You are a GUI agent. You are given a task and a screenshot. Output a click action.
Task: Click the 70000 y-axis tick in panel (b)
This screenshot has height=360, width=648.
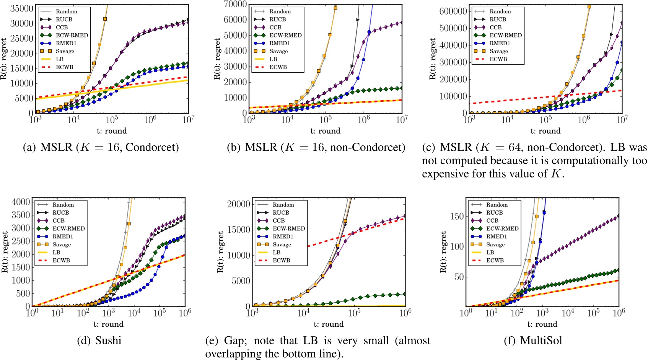(235, 4)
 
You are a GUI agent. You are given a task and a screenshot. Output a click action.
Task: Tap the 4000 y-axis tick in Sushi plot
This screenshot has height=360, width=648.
(22, 202)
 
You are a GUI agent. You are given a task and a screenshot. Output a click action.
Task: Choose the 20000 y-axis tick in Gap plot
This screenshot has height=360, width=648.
(239, 204)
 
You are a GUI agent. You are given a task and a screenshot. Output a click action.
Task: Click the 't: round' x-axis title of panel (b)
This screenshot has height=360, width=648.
(325, 131)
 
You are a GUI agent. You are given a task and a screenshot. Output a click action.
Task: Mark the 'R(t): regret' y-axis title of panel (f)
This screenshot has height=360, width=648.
(443, 252)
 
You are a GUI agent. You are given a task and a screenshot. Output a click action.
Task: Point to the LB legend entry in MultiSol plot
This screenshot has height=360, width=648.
(490, 252)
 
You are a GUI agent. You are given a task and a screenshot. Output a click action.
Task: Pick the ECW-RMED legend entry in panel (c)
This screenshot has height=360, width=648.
(505, 35)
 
